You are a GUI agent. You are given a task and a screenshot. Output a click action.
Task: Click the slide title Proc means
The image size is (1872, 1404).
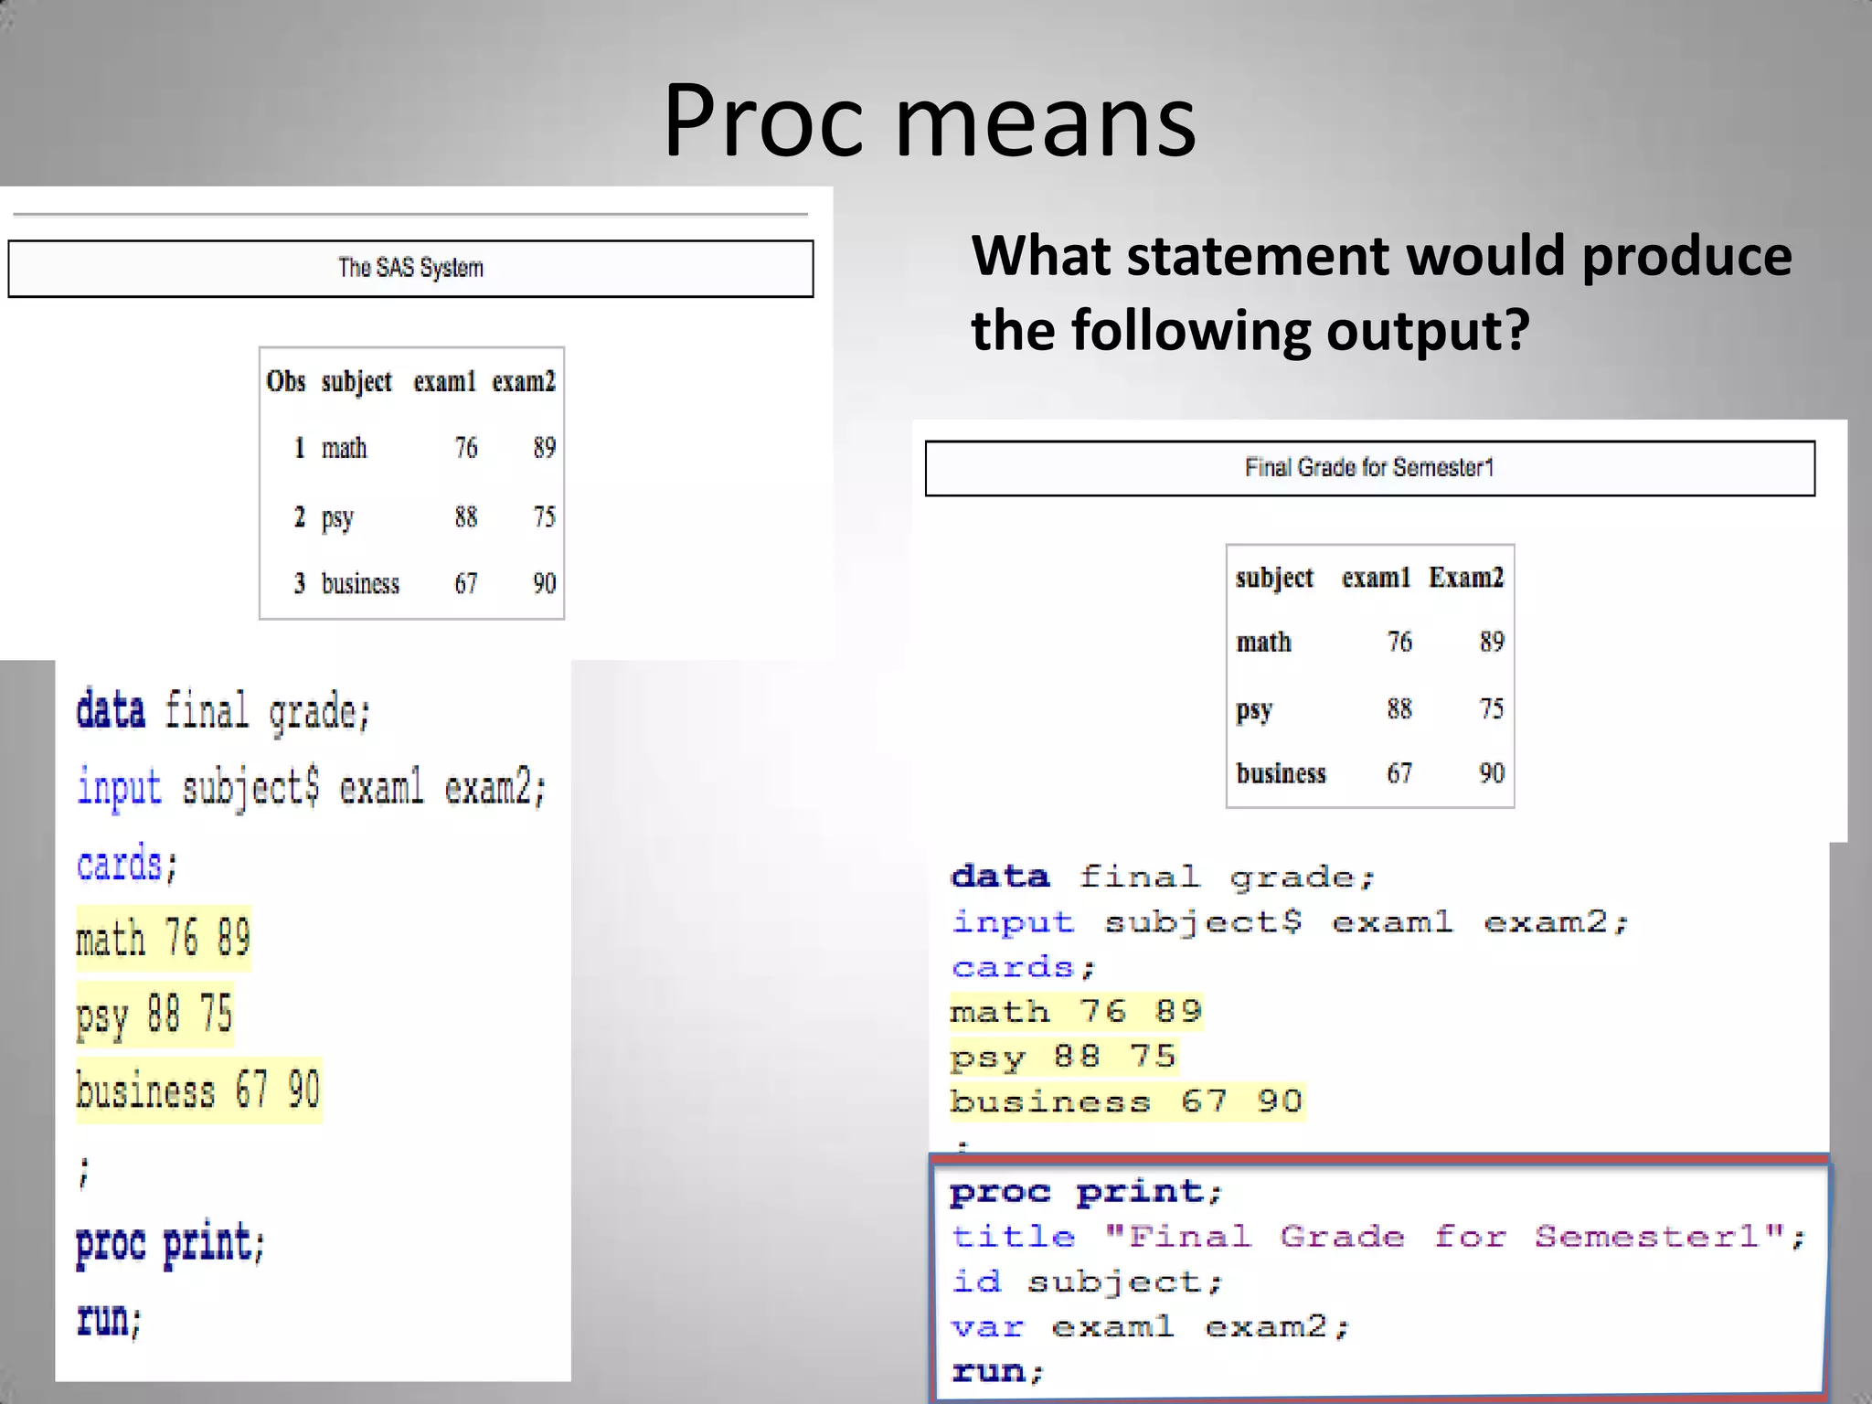[929, 121]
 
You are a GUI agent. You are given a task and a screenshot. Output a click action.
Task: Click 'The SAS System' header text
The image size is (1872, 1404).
[410, 268]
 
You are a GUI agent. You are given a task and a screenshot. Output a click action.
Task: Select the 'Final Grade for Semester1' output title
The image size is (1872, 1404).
[1369, 468]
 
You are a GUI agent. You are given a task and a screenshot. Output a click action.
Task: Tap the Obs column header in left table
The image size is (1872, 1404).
[285, 381]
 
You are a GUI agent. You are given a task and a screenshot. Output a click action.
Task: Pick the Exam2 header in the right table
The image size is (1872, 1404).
[1466, 578]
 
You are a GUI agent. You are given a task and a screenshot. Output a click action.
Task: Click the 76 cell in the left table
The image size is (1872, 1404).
[466, 448]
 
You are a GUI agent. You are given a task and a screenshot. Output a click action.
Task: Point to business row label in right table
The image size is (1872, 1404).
[1281, 773]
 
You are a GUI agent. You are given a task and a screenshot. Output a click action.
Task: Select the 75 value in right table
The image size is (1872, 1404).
[1491, 708]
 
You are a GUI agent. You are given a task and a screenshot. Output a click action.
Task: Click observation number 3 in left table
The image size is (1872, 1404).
[299, 583]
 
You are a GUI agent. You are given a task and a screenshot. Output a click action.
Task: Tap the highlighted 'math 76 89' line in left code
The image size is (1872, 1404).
[163, 939]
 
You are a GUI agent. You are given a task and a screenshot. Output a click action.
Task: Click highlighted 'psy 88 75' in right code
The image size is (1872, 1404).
[1062, 1057]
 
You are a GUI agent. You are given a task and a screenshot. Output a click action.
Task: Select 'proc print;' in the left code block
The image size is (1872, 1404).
[170, 1243]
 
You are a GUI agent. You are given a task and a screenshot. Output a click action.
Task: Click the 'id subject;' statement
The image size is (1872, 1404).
[1086, 1282]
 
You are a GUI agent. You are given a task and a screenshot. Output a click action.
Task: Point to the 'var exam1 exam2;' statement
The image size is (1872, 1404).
[1150, 1326]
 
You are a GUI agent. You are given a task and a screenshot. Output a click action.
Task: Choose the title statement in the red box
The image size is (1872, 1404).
[1377, 1237]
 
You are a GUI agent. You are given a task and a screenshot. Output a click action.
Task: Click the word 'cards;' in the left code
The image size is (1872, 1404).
[126, 865]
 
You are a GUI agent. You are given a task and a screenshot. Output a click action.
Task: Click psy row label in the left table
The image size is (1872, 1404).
[337, 517]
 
